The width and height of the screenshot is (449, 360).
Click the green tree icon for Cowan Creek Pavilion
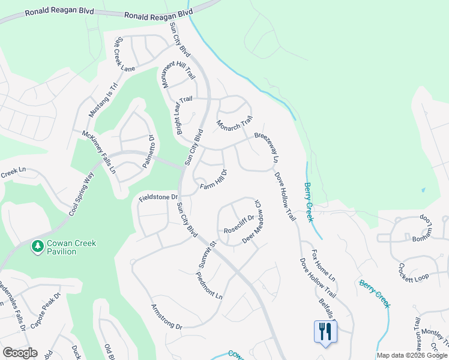coord(37,246)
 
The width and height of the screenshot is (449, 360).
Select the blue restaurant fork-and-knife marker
coord(325,331)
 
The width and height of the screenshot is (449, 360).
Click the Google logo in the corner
coord(20,353)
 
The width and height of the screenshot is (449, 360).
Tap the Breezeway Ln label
coord(268,148)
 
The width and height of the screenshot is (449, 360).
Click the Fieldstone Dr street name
coord(158,197)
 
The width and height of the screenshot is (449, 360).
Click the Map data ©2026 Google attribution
coord(412,355)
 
